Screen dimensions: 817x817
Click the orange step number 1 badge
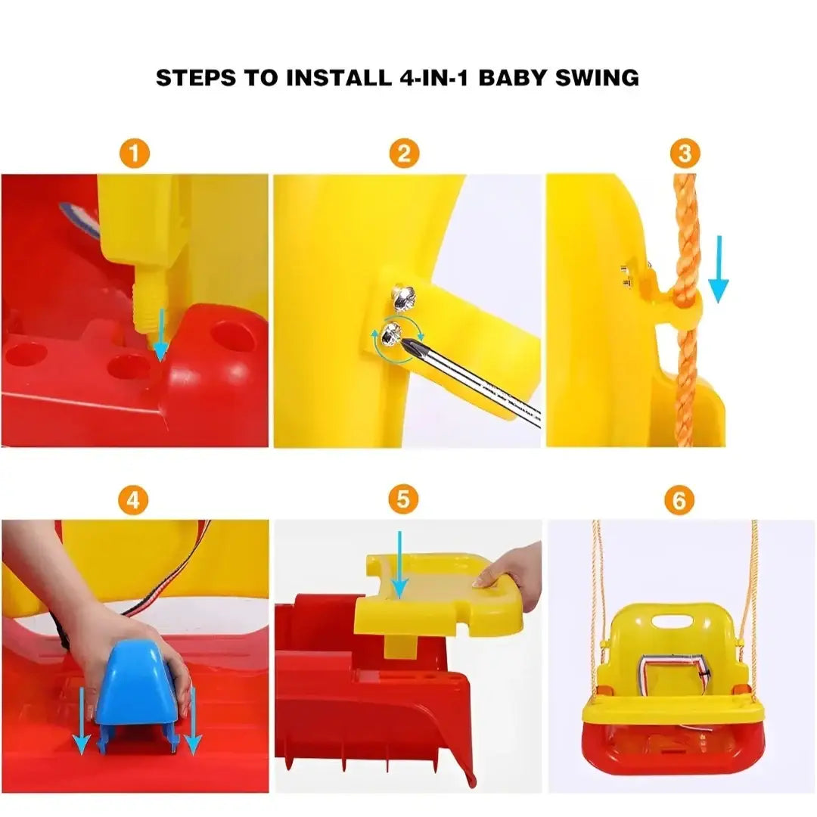click(135, 154)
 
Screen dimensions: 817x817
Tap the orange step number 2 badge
click(404, 154)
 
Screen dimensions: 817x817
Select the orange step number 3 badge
click(685, 154)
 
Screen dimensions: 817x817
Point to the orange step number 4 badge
click(133, 500)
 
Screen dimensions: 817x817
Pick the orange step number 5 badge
click(403, 499)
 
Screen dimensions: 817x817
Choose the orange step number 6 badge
click(679, 500)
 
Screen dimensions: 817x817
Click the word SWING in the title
click(597, 78)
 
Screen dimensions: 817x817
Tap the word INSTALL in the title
click(339, 78)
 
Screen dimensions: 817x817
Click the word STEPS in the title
click(196, 78)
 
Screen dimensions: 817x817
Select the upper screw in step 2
click(404, 296)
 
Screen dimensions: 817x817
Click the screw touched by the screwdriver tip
click(392, 334)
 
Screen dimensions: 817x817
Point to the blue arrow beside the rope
click(719, 269)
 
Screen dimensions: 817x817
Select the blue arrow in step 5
click(399, 565)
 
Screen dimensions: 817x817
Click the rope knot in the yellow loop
click(684, 299)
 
